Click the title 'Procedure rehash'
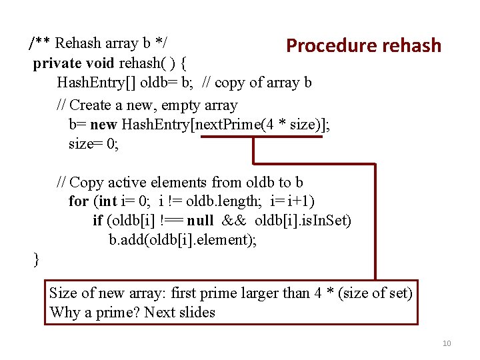[363, 45]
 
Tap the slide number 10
[447, 343]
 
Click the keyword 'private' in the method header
[58, 64]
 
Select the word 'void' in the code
[101, 64]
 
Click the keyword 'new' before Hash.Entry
[103, 125]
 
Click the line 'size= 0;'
[94, 143]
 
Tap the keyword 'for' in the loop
[78, 201]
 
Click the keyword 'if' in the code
[97, 220]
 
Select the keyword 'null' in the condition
[200, 220]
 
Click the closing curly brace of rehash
[36, 259]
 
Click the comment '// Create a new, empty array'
[147, 105]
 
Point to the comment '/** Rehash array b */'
[98, 44]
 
